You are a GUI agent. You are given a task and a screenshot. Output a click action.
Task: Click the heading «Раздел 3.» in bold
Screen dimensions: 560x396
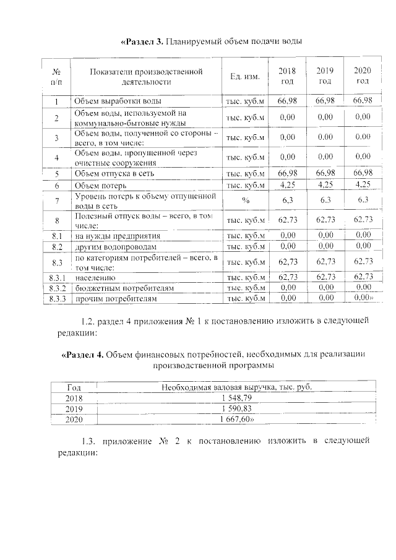click(x=142, y=42)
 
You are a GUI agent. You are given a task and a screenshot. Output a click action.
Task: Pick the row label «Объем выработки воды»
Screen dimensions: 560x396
click(x=118, y=101)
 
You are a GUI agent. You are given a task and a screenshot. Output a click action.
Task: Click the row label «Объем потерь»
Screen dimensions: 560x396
click(x=100, y=184)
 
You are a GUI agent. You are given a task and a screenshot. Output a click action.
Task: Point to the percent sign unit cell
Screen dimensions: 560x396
click(x=245, y=200)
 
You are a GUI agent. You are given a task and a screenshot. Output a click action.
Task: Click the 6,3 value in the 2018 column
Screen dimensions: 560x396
click(x=287, y=200)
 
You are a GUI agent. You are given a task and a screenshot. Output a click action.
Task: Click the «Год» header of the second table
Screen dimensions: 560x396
click(x=74, y=387)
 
